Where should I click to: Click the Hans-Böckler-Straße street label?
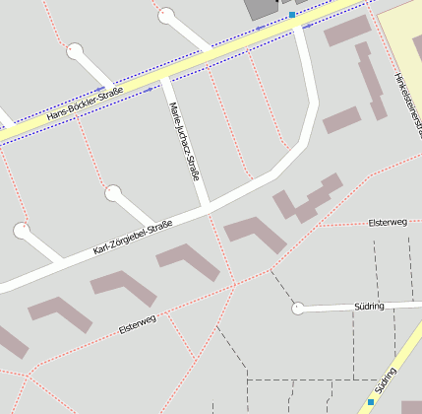pyautogui.click(x=85, y=105)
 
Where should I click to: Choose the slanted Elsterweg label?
pyautogui.click(x=137, y=321)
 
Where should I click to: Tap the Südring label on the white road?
pyautogui.click(x=367, y=307)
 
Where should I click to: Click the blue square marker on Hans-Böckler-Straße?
pyautogui.click(x=292, y=15)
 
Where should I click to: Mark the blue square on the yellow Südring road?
pyautogui.click(x=371, y=402)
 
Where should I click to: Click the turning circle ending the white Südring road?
pyautogui.click(x=297, y=308)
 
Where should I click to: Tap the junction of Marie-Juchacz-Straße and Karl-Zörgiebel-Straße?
pyautogui.click(x=208, y=208)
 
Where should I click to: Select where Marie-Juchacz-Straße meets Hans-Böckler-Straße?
pyautogui.click(x=162, y=77)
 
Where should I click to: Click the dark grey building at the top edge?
pyautogui.click(x=260, y=8)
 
